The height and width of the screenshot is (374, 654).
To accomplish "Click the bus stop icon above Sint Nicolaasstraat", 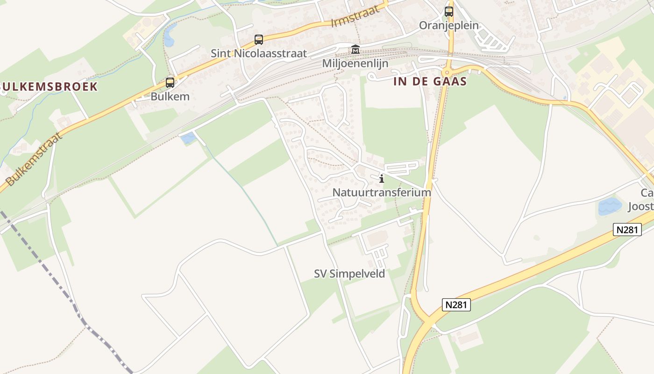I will pos(258,40).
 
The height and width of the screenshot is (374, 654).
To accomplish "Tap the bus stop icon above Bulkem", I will pos(170,83).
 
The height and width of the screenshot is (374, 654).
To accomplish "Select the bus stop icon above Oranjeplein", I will pos(449,12).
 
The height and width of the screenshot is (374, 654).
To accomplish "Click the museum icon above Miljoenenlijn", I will pos(355,50).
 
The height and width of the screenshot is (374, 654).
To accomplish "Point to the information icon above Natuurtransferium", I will pos(382,179).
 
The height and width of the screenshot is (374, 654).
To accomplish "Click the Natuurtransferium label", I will pos(382,192).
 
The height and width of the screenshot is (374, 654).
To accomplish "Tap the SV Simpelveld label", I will pos(349,273).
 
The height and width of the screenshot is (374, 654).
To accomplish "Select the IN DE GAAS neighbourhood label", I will pos(430,81).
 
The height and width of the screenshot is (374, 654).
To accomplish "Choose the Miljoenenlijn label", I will pos(355,63).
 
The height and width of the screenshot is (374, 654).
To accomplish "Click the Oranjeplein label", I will pos(449,25).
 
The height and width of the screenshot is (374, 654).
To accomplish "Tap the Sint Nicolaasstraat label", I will pos(259,53).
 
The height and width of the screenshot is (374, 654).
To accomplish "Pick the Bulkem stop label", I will pos(170,97).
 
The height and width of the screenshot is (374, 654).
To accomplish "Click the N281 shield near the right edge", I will pos(627,230).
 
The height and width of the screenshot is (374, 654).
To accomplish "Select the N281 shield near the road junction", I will pos(456,305).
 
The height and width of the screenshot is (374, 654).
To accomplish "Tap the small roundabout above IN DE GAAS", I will pos(447,72).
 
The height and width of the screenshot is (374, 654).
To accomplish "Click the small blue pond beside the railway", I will pos(188,138).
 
